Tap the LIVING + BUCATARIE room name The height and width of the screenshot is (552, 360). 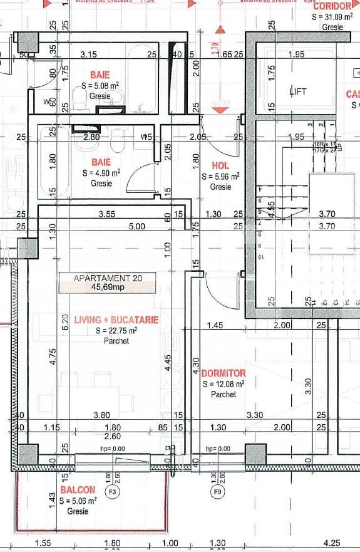point(116,320)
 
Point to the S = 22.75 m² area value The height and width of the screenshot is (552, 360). point(116,331)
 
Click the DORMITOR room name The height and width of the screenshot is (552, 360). point(224,373)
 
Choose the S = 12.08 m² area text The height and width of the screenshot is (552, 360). point(224,384)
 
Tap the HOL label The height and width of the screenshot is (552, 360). point(220,167)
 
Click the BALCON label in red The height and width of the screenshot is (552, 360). point(78,490)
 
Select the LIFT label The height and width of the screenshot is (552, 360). point(298,91)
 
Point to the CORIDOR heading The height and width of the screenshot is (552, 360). point(331,4)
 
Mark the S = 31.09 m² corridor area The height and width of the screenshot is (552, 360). point(332,18)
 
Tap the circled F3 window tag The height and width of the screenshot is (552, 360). point(113,491)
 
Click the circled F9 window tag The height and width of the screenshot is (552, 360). point(218,491)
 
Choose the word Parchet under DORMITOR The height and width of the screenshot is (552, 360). point(224,395)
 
